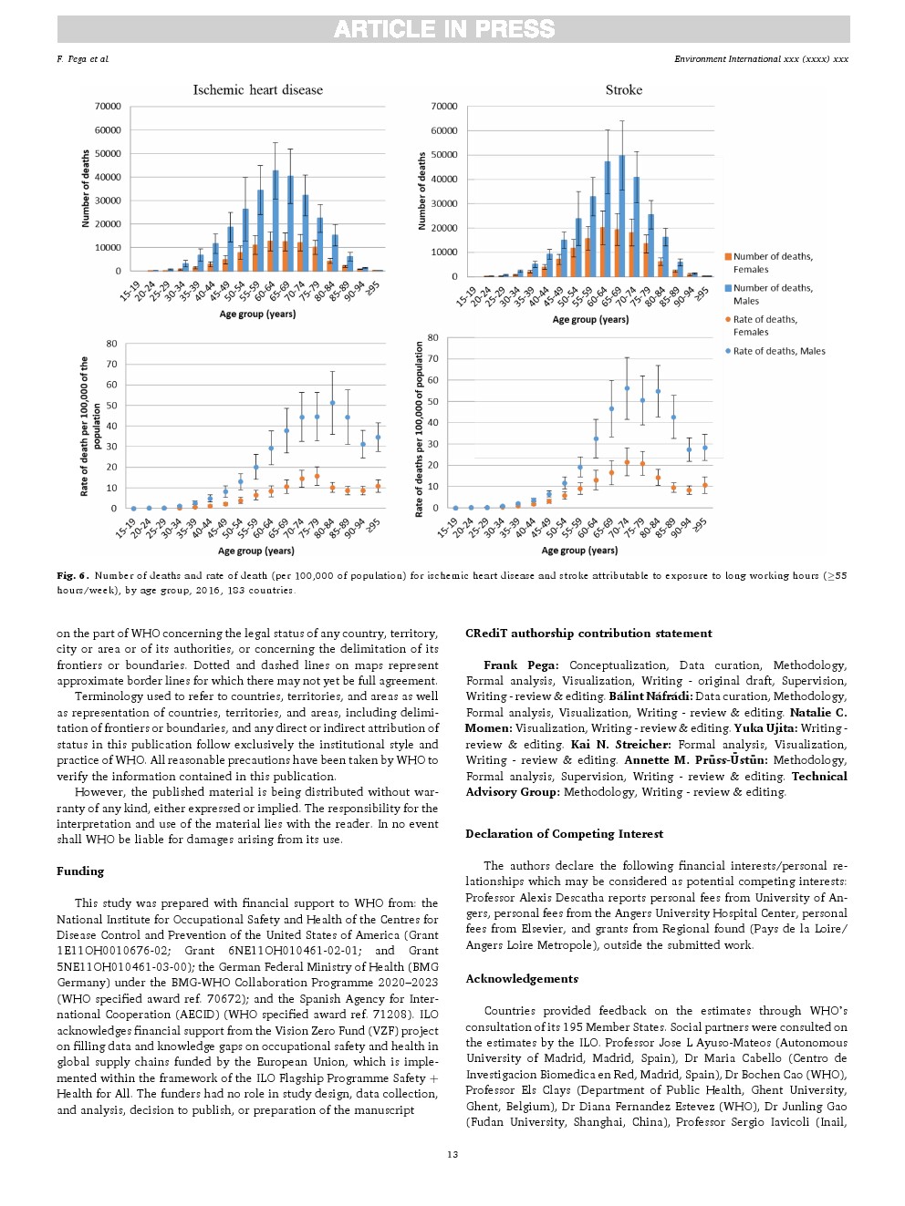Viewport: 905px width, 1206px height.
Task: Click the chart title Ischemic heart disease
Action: [x=257, y=90]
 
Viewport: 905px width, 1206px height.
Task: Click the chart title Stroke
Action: [x=624, y=90]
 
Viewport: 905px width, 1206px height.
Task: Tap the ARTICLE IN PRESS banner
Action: [x=444, y=29]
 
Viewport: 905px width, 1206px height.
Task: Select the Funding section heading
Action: [x=80, y=871]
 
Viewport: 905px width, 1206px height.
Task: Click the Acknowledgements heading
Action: [x=522, y=979]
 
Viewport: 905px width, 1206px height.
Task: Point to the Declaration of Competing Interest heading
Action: [x=564, y=834]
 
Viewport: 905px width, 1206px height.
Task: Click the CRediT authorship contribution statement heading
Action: [x=588, y=634]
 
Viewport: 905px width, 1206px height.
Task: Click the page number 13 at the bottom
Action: [x=452, y=1155]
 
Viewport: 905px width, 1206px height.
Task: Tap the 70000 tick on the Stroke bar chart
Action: [x=444, y=107]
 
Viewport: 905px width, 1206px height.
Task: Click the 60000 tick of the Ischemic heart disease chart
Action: [x=108, y=130]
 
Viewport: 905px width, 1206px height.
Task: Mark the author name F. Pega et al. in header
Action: [x=82, y=59]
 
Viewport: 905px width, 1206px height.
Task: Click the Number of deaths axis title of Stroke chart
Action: [x=421, y=191]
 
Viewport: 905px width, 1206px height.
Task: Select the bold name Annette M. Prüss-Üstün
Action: [x=695, y=760]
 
